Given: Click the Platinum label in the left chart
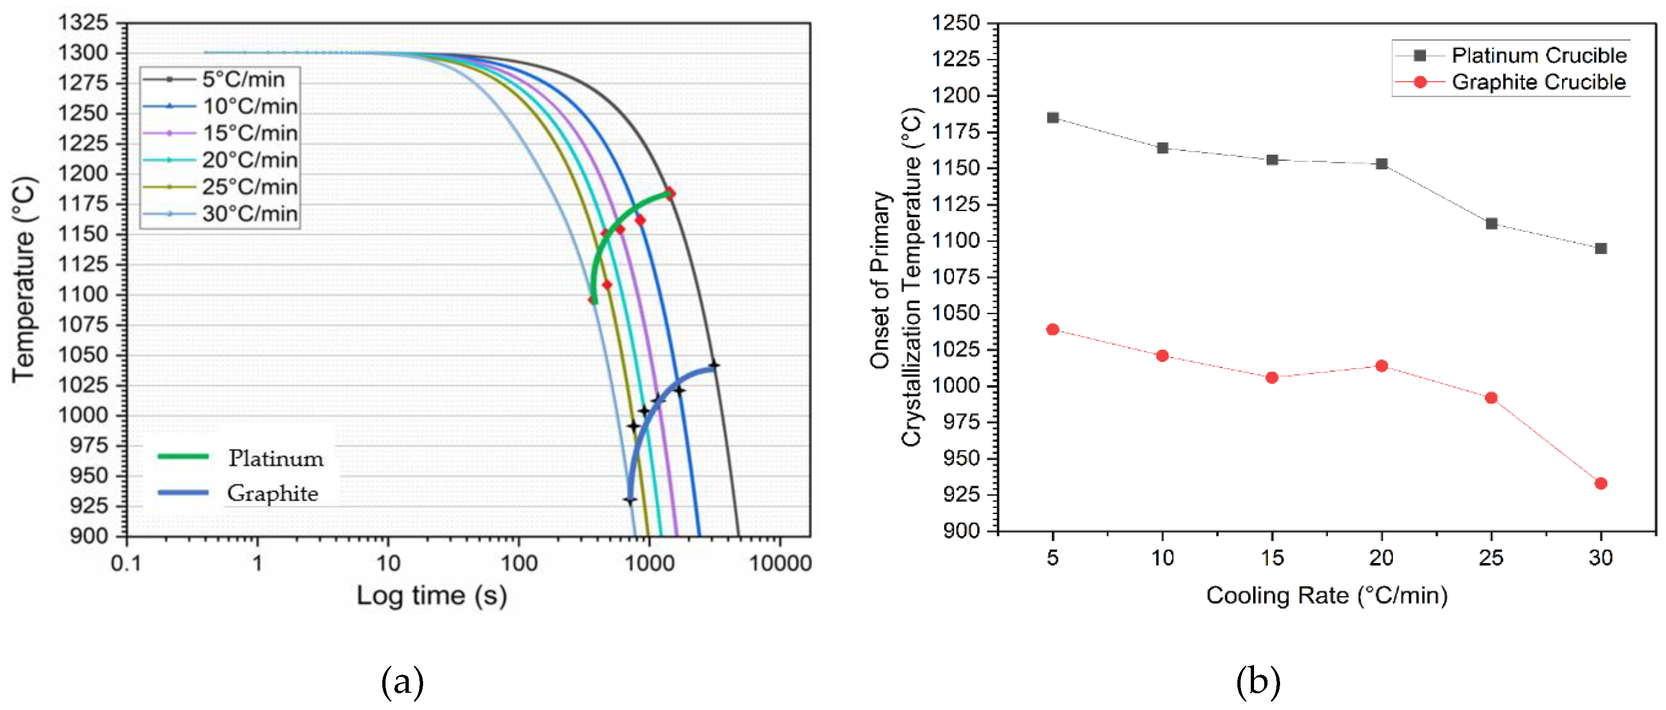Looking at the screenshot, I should pyautogui.click(x=275, y=458).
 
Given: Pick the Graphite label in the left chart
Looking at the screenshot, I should pyautogui.click(x=272, y=493).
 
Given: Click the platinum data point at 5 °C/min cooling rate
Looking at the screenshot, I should pyautogui.click(x=1053, y=118).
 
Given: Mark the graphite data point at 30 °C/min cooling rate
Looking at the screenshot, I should pyautogui.click(x=1601, y=484).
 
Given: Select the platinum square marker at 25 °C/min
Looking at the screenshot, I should pyautogui.click(x=1491, y=223).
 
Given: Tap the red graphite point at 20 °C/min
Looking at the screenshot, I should pyautogui.click(x=1381, y=365).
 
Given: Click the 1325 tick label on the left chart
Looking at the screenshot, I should pyautogui.click(x=83, y=23).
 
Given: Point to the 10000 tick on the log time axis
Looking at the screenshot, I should pyautogui.click(x=780, y=563).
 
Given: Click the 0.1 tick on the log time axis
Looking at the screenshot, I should pyautogui.click(x=126, y=563).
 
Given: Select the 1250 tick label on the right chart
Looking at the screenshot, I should pyautogui.click(x=955, y=23).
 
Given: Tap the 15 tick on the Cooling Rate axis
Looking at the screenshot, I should pyautogui.click(x=1272, y=557).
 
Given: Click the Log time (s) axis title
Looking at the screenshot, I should pyautogui.click(x=431, y=596).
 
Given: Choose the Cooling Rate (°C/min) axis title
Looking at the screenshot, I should pyautogui.click(x=1326, y=596).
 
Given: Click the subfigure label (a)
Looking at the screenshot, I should pyautogui.click(x=402, y=682).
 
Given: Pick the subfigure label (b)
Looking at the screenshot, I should pyautogui.click(x=1258, y=682).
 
